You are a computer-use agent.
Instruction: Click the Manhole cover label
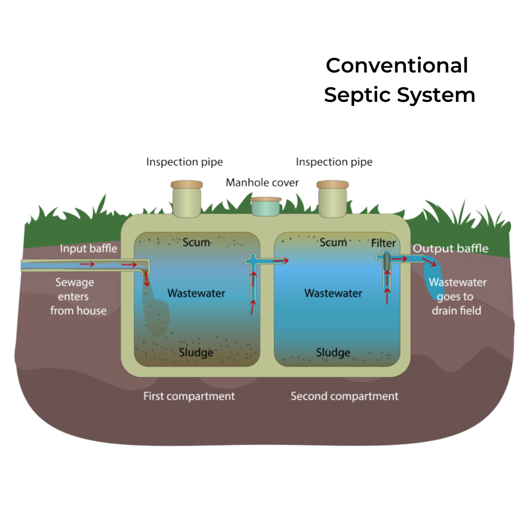tap(262, 183)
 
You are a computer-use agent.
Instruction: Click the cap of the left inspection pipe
tap(187, 185)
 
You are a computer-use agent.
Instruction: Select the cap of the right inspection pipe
tap(333, 185)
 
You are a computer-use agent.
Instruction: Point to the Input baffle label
tap(89, 248)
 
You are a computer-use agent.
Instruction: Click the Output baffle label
tap(450, 248)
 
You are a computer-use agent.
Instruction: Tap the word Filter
tap(383, 243)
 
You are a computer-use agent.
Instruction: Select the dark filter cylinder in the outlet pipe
tap(386, 262)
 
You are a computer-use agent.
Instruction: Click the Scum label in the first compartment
tap(196, 242)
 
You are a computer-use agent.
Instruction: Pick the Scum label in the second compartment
tap(333, 242)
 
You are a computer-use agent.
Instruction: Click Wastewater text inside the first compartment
tap(196, 293)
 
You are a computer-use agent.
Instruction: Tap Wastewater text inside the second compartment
tap(333, 293)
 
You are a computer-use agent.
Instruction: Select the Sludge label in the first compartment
tap(196, 352)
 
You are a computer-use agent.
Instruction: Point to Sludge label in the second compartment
tap(333, 352)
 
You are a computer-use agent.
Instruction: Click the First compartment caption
tap(189, 396)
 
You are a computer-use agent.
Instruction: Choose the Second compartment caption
tap(344, 396)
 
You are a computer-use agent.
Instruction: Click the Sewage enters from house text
tap(78, 296)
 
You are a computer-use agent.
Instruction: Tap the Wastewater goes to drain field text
tap(457, 296)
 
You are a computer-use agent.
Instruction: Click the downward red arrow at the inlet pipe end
tap(146, 279)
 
